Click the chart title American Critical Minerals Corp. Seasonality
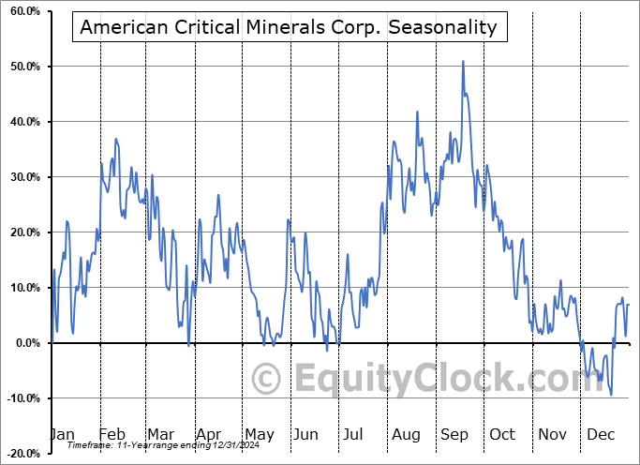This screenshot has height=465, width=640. (289, 27)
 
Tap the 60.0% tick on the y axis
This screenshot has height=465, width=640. (23, 11)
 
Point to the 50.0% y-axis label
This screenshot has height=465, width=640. (23, 67)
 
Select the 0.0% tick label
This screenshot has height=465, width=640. (25, 343)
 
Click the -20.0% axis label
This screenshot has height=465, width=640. (22, 454)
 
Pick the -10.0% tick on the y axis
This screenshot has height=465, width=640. (22, 398)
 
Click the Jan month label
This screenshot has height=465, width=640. (61, 434)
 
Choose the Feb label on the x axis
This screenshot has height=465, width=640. (112, 434)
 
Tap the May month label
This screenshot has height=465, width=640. (259, 434)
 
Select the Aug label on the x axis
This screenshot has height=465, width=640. (406, 434)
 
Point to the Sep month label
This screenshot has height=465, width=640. (454, 434)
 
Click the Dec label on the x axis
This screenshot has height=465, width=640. (600, 434)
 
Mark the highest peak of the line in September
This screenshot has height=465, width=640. (463, 62)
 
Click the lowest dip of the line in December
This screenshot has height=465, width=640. (611, 394)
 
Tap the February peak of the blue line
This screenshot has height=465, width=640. (116, 139)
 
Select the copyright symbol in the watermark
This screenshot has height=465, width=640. (268, 380)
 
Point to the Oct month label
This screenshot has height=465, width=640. (502, 434)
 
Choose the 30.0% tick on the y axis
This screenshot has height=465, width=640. (23, 177)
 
